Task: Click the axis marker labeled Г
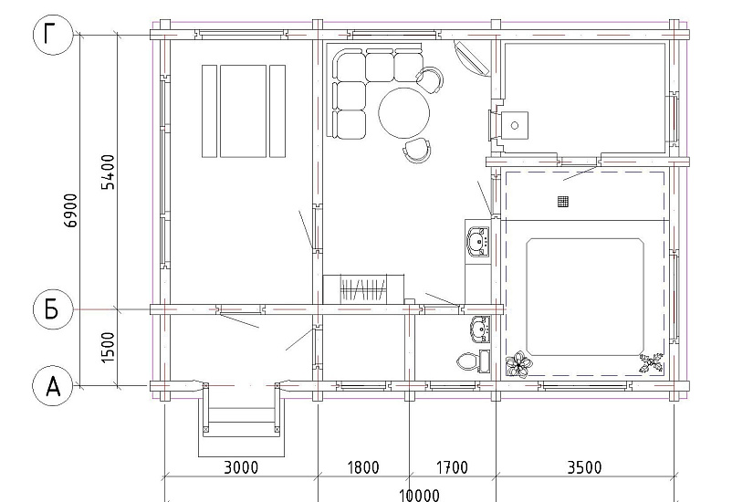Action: click(x=53, y=35)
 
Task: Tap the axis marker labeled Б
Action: click(x=53, y=309)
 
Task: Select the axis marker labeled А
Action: click(x=53, y=386)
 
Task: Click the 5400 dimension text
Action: click(x=109, y=172)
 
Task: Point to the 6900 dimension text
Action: click(x=70, y=211)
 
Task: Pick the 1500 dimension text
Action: click(x=109, y=348)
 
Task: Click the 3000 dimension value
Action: click(x=241, y=467)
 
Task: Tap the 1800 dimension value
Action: click(x=362, y=467)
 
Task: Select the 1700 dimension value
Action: click(x=452, y=467)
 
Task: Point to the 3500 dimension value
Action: click(x=584, y=467)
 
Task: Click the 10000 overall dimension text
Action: click(x=419, y=495)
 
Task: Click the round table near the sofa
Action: click(x=403, y=113)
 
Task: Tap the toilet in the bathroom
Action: click(x=467, y=361)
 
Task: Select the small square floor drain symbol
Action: click(x=563, y=202)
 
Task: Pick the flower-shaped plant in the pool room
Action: click(x=518, y=365)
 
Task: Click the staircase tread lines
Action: click(x=362, y=289)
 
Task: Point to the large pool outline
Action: click(x=585, y=297)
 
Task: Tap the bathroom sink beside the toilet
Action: click(x=480, y=329)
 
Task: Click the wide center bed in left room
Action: click(x=243, y=111)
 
